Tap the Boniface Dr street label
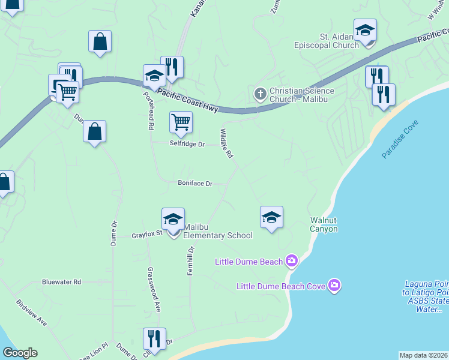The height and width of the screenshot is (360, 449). click(x=195, y=183)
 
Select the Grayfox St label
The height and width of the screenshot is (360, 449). click(x=148, y=236)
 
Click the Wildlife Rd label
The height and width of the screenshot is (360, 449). click(x=226, y=143)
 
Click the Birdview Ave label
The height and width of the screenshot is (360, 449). click(x=32, y=313)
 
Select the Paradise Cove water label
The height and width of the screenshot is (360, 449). click(x=400, y=139)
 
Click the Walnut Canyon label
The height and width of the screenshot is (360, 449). click(x=324, y=224)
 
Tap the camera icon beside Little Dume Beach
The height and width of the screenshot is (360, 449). click(x=292, y=260)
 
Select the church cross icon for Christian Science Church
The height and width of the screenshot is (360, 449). click(x=260, y=94)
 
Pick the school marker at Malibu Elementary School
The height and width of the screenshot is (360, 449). click(x=173, y=220)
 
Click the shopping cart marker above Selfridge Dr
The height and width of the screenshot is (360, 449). click(x=181, y=122)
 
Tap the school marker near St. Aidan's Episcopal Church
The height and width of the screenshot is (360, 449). click(x=365, y=31)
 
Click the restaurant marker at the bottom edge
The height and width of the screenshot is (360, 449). click(x=154, y=339)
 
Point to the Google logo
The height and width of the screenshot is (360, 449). click(x=20, y=353)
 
